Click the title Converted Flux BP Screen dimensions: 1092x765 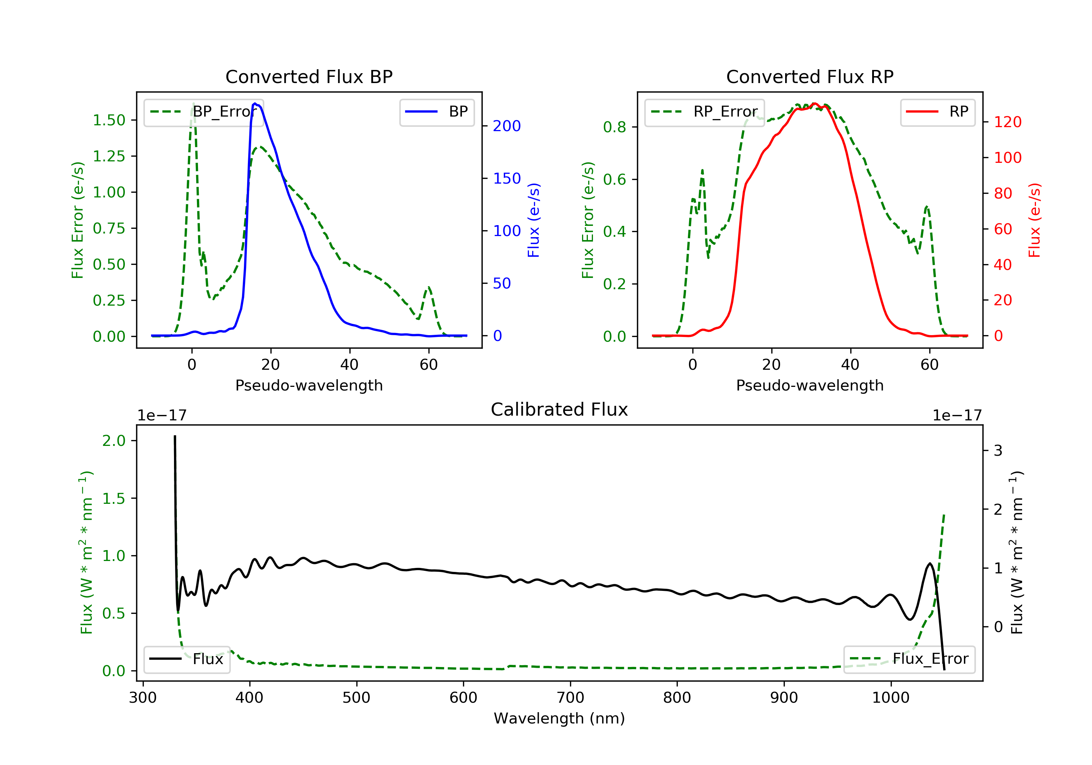pos(309,76)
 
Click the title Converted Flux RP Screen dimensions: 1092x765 pos(810,76)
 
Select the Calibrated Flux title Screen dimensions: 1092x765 pos(559,409)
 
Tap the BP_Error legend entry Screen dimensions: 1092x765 pos(203,112)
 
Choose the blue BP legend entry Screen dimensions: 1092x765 pos(436,112)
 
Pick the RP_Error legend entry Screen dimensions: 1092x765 pos(704,112)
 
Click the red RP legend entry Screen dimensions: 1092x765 pos(937,112)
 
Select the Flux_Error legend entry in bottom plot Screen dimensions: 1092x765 pos(909,659)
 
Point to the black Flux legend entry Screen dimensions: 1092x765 pos(186,659)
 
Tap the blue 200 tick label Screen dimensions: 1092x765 pos(507,126)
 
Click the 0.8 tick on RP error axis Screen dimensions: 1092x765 pos(614,127)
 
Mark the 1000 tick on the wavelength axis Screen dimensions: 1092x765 pos(891,698)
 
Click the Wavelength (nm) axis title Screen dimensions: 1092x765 pos(559,718)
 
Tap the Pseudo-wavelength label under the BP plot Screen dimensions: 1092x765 pos(309,385)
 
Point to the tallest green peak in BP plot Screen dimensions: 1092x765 pos(193,104)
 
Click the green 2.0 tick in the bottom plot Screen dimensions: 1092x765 pos(114,441)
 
